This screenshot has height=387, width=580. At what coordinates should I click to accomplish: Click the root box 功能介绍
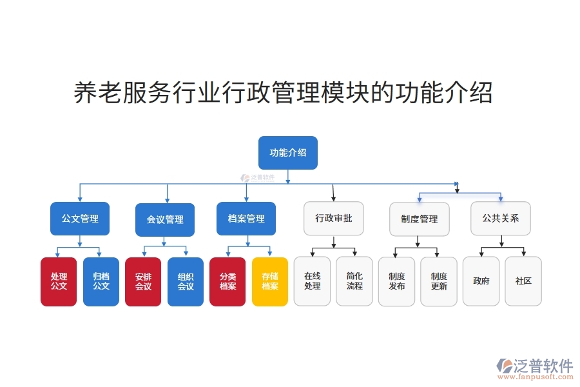pos(287,153)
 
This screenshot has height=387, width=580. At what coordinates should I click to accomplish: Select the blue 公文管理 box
pos(80,219)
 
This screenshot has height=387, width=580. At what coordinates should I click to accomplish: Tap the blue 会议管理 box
pos(165,219)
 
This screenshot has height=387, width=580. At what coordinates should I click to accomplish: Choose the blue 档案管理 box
pos(246,219)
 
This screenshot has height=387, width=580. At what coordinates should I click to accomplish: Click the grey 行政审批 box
pos(333,219)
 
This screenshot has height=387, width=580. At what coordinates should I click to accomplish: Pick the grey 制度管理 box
pos(419,219)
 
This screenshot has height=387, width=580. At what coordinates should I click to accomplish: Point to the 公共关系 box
pos(501,219)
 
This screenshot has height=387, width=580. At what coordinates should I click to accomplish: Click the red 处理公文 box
pos(59,281)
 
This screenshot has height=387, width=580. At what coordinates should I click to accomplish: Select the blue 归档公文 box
pos(101,281)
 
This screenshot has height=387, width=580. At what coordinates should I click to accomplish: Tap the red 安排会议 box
pos(143,281)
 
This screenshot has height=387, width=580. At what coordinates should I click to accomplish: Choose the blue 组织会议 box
pos(186,281)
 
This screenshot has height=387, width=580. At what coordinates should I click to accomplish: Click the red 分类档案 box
pos(227,281)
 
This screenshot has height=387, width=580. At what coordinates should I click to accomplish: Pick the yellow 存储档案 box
pos(270,281)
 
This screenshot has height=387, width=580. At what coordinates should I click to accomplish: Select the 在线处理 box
pos(312,281)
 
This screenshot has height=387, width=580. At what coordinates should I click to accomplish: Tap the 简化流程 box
pos(354,281)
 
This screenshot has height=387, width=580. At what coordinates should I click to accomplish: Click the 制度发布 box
pos(396,281)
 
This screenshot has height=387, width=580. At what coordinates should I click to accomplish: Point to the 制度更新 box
pos(439,281)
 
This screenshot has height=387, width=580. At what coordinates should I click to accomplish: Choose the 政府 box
pos(481,281)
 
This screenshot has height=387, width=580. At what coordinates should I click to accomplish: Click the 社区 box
pos(523,281)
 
